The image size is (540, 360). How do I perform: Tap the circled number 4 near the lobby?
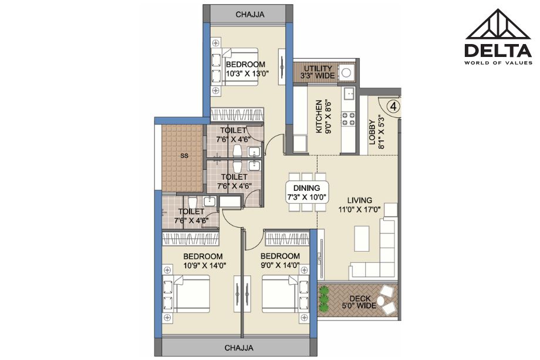[394, 106]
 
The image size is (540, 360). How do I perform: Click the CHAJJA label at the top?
[250, 15]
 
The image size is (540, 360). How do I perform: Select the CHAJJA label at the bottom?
[239, 348]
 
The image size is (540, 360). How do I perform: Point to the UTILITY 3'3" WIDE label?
[318, 72]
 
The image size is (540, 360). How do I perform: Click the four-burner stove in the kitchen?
[348, 119]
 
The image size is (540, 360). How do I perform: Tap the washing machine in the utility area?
[346, 73]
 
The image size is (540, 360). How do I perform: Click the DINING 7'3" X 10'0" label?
[307, 193]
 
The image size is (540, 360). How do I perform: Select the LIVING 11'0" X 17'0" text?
[360, 204]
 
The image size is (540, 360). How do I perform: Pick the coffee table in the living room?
[362, 238]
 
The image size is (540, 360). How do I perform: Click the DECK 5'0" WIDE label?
[360, 302]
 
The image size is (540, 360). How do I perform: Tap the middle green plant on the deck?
[323, 299]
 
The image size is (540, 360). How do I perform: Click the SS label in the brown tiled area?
[184, 156]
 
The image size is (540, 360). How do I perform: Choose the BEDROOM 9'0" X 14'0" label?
[280, 260]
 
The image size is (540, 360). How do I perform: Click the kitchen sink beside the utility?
[349, 93]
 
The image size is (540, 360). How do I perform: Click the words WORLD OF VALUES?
[498, 63]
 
